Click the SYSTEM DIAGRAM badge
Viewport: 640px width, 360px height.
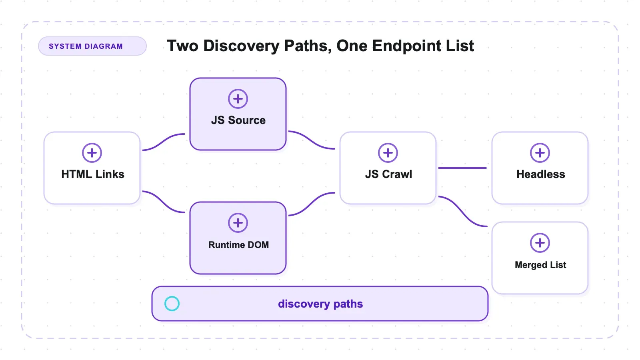pyautogui.click(x=92, y=46)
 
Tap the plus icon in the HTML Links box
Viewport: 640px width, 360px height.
pyautogui.click(x=92, y=153)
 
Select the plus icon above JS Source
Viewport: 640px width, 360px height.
pyautogui.click(x=238, y=99)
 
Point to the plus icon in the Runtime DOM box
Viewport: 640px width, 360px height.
pyautogui.click(x=238, y=223)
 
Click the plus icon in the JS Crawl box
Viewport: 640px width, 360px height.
pyautogui.click(x=388, y=153)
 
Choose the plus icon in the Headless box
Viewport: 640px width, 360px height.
pyautogui.click(x=540, y=153)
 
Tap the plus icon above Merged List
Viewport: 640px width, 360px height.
pyautogui.click(x=540, y=243)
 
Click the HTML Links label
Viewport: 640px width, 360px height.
pyautogui.click(x=93, y=174)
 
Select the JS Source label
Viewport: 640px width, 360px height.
pyautogui.click(x=238, y=120)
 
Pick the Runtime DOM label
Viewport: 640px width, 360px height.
pyautogui.click(x=238, y=245)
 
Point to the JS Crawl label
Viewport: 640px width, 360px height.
pyautogui.click(x=388, y=174)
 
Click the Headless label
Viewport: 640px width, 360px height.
pyautogui.click(x=540, y=174)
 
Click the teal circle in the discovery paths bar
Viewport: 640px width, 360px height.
pyautogui.click(x=172, y=296)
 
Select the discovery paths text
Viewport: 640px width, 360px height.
pyautogui.click(x=320, y=304)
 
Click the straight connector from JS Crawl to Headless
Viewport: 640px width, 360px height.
pyautogui.click(x=462, y=168)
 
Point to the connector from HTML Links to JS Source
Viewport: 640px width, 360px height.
pyautogui.click(x=164, y=141)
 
